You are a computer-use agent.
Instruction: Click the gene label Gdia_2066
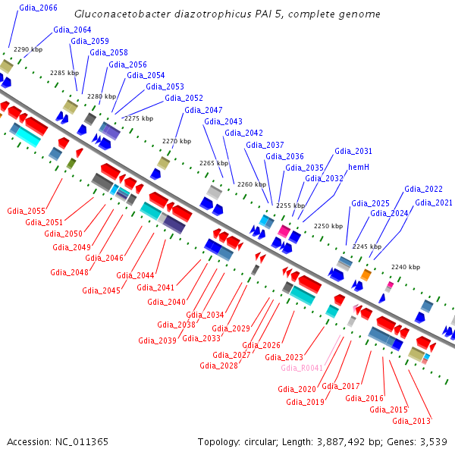coord(38,8)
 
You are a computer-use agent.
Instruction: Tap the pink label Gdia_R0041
coord(302,368)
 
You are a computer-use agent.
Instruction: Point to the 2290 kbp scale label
coord(29,49)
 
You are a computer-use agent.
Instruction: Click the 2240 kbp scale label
coord(405,267)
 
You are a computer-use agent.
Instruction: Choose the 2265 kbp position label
coord(213,163)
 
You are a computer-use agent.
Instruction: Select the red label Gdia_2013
coord(412,421)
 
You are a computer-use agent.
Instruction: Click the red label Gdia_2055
coord(26,211)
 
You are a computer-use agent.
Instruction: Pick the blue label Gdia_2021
coord(433,202)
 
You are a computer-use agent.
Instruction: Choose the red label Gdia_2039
coord(157,340)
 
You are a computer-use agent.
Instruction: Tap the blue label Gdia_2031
coord(353,151)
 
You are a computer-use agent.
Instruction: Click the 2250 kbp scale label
coord(328,226)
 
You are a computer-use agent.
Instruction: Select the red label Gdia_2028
coord(219,365)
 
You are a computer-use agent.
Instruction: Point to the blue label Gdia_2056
coord(127,64)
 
